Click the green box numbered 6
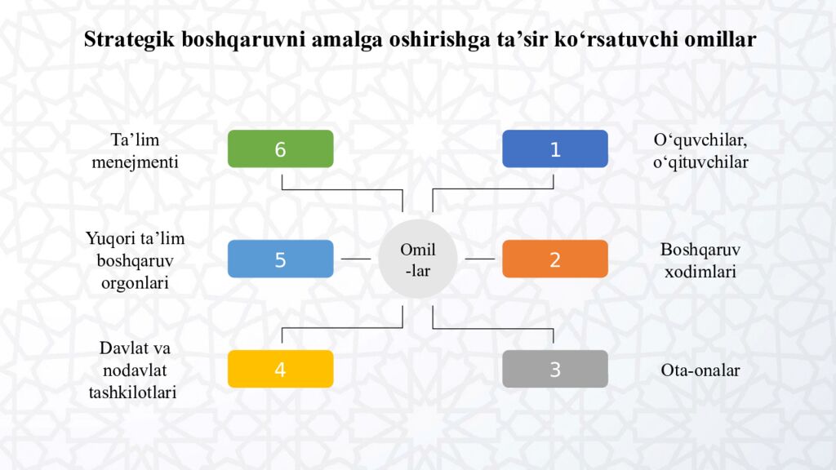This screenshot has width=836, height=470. pos(280,149)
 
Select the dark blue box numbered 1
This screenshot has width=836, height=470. pos(554,149)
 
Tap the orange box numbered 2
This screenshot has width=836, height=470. pos(554,259)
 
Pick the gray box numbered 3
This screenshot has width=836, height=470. pos(554,369)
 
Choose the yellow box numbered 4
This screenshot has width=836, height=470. pos(280,369)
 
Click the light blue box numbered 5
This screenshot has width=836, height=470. pos(280,259)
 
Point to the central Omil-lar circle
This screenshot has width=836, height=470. pos(417,259)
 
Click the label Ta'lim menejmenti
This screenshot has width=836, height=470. pos(135,151)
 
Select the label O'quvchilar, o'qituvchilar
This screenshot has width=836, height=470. pos(700,151)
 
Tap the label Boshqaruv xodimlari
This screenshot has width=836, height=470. pos(700,260)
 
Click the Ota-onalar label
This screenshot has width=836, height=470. pos(700,370)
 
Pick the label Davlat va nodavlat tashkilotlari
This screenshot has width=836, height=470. pos(135,370)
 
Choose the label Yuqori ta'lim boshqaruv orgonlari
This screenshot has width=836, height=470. pos(135,260)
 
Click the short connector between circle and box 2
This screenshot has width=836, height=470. pos(480,259)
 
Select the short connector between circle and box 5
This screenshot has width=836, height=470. pos(355,259)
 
